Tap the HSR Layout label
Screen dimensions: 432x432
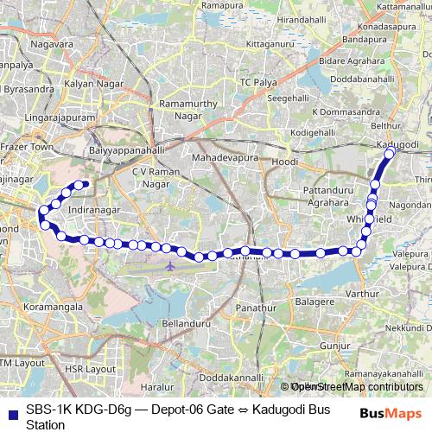pyautogui.click(x=90, y=369)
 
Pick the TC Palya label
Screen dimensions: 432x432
pyautogui.click(x=257, y=82)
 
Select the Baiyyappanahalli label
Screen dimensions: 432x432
pyautogui.click(x=127, y=149)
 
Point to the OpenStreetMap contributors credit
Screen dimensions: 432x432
pyautogui.click(x=358, y=387)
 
